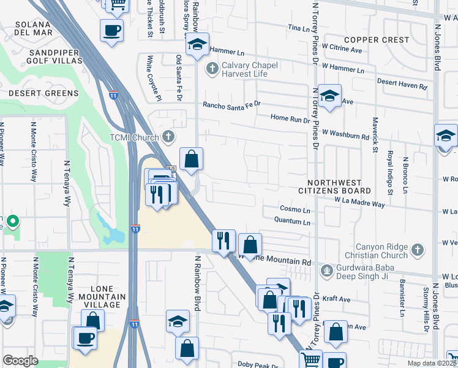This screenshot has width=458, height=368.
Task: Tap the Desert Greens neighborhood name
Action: click(x=43, y=93)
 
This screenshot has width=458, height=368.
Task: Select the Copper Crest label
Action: click(x=376, y=40)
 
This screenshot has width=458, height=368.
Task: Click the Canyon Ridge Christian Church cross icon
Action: click(x=416, y=250)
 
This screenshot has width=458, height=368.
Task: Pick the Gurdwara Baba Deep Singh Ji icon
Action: click(x=328, y=269)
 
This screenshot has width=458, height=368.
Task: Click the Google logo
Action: click(x=20, y=360)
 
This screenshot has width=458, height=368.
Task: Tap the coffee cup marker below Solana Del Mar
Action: click(x=111, y=31)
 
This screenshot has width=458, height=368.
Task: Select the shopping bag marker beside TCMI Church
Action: click(x=192, y=159)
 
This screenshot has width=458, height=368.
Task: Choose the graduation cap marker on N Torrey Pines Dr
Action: click(x=329, y=96)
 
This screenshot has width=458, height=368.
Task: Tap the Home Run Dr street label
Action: click(x=290, y=120)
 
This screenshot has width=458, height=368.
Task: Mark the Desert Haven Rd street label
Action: click(x=402, y=84)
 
